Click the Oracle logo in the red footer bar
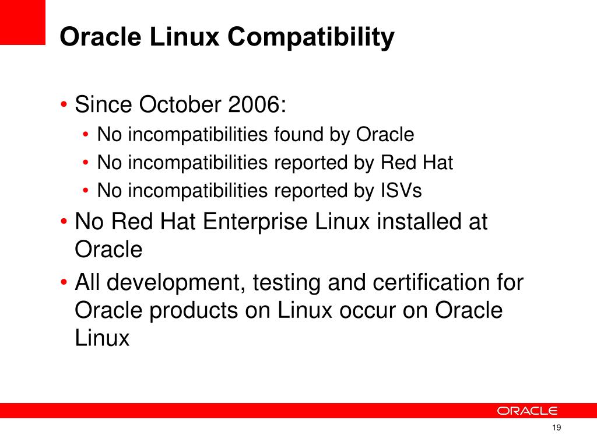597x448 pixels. (528, 411)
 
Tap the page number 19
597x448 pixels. (556, 429)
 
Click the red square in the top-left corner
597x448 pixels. (22, 22)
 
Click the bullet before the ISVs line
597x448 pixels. (86, 191)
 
